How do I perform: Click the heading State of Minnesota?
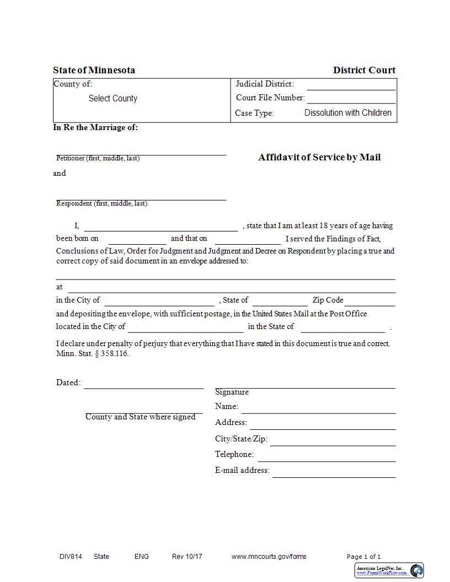pyautogui.click(x=94, y=70)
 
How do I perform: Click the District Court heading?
pyautogui.click(x=364, y=70)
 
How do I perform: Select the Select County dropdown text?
pyautogui.click(x=113, y=99)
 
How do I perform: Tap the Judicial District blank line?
pyautogui.click(x=351, y=86)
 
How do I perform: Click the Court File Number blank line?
pyautogui.click(x=351, y=100)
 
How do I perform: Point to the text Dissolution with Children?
pyautogui.click(x=347, y=113)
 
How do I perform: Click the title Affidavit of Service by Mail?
pyautogui.click(x=319, y=157)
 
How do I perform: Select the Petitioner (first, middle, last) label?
pyautogui.click(x=98, y=159)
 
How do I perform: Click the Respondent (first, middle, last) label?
pyautogui.click(x=101, y=203)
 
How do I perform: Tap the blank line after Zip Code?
pyautogui.click(x=370, y=302)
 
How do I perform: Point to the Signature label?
pyautogui.click(x=232, y=392)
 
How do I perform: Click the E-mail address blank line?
pyautogui.click(x=334, y=473)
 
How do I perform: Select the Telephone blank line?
pyautogui.click(x=326, y=457)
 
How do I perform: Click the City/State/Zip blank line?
pyautogui.click(x=333, y=442)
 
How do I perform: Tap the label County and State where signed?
pyautogui.click(x=140, y=417)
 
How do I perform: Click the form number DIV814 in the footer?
pyautogui.click(x=71, y=557)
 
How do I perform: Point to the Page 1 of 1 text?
pyautogui.click(x=363, y=557)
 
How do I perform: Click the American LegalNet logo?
pyautogui.click(x=389, y=570)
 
